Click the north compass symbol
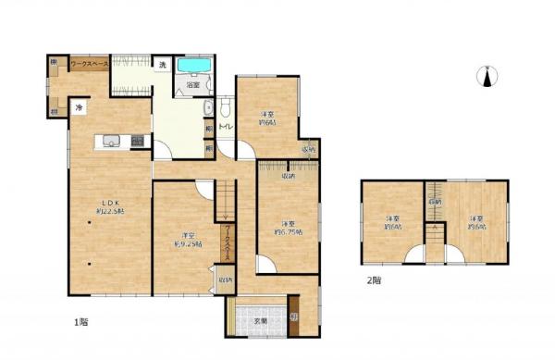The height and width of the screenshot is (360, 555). (x=487, y=77)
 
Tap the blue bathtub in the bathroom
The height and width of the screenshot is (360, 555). (x=193, y=67)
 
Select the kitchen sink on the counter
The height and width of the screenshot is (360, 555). (x=110, y=141)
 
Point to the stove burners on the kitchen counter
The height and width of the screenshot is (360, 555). (x=138, y=141)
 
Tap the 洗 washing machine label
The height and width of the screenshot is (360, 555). (x=161, y=65)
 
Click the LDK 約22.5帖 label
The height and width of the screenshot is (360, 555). (x=107, y=208)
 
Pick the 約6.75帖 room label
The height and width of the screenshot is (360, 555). (x=287, y=228)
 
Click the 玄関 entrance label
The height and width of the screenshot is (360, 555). (x=261, y=320)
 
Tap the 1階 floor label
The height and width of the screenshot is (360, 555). (x=80, y=322)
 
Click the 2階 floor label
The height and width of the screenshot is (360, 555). (x=374, y=279)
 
